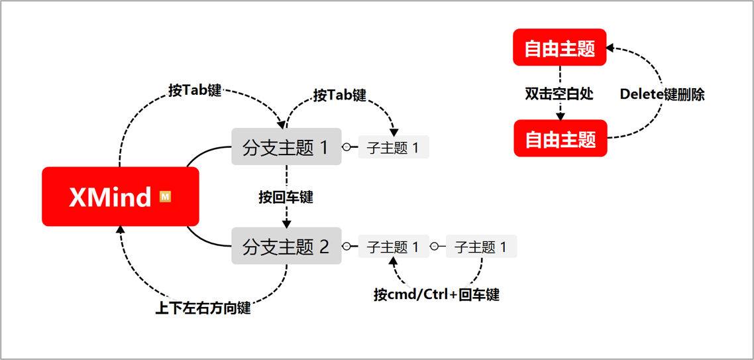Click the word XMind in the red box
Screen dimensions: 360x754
click(110, 197)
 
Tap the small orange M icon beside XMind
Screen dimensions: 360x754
click(166, 196)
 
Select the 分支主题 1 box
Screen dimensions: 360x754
click(286, 147)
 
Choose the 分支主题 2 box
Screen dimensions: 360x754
click(286, 247)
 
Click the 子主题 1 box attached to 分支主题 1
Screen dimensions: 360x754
click(394, 147)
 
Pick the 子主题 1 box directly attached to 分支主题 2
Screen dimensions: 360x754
click(394, 247)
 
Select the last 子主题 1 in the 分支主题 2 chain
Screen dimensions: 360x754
click(481, 247)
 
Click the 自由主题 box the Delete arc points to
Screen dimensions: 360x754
click(560, 48)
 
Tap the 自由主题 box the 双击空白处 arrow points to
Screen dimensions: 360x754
click(561, 139)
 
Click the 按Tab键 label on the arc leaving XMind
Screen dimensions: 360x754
click(194, 91)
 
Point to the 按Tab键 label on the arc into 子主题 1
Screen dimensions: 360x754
click(339, 95)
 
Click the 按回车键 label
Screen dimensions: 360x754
click(286, 197)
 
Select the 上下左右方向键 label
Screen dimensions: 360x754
click(203, 308)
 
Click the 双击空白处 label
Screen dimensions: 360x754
click(559, 94)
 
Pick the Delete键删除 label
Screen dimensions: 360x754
click(662, 94)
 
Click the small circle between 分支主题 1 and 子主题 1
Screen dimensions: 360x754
click(347, 147)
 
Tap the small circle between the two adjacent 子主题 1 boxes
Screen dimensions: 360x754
click(434, 247)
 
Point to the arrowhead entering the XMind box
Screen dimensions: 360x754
click(120, 229)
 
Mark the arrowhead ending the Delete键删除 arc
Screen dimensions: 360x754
click(610, 48)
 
